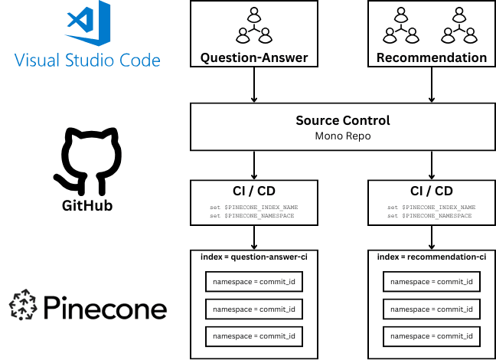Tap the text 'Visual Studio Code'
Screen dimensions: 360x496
pos(88,61)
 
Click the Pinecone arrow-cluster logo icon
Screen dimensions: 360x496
pos(24,305)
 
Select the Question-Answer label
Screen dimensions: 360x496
pos(254,57)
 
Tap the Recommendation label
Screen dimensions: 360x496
pos(431,57)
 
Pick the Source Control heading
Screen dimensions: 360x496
pos(342,120)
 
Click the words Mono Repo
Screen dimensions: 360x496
pos(342,136)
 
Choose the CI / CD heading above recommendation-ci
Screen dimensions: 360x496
pos(431,191)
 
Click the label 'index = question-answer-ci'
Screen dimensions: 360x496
pos(254,257)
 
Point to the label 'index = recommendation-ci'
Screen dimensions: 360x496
pos(431,257)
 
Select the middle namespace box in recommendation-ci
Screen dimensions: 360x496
pos(431,309)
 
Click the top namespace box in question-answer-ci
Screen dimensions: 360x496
pos(254,282)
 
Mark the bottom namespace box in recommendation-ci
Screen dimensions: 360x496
pos(431,336)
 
